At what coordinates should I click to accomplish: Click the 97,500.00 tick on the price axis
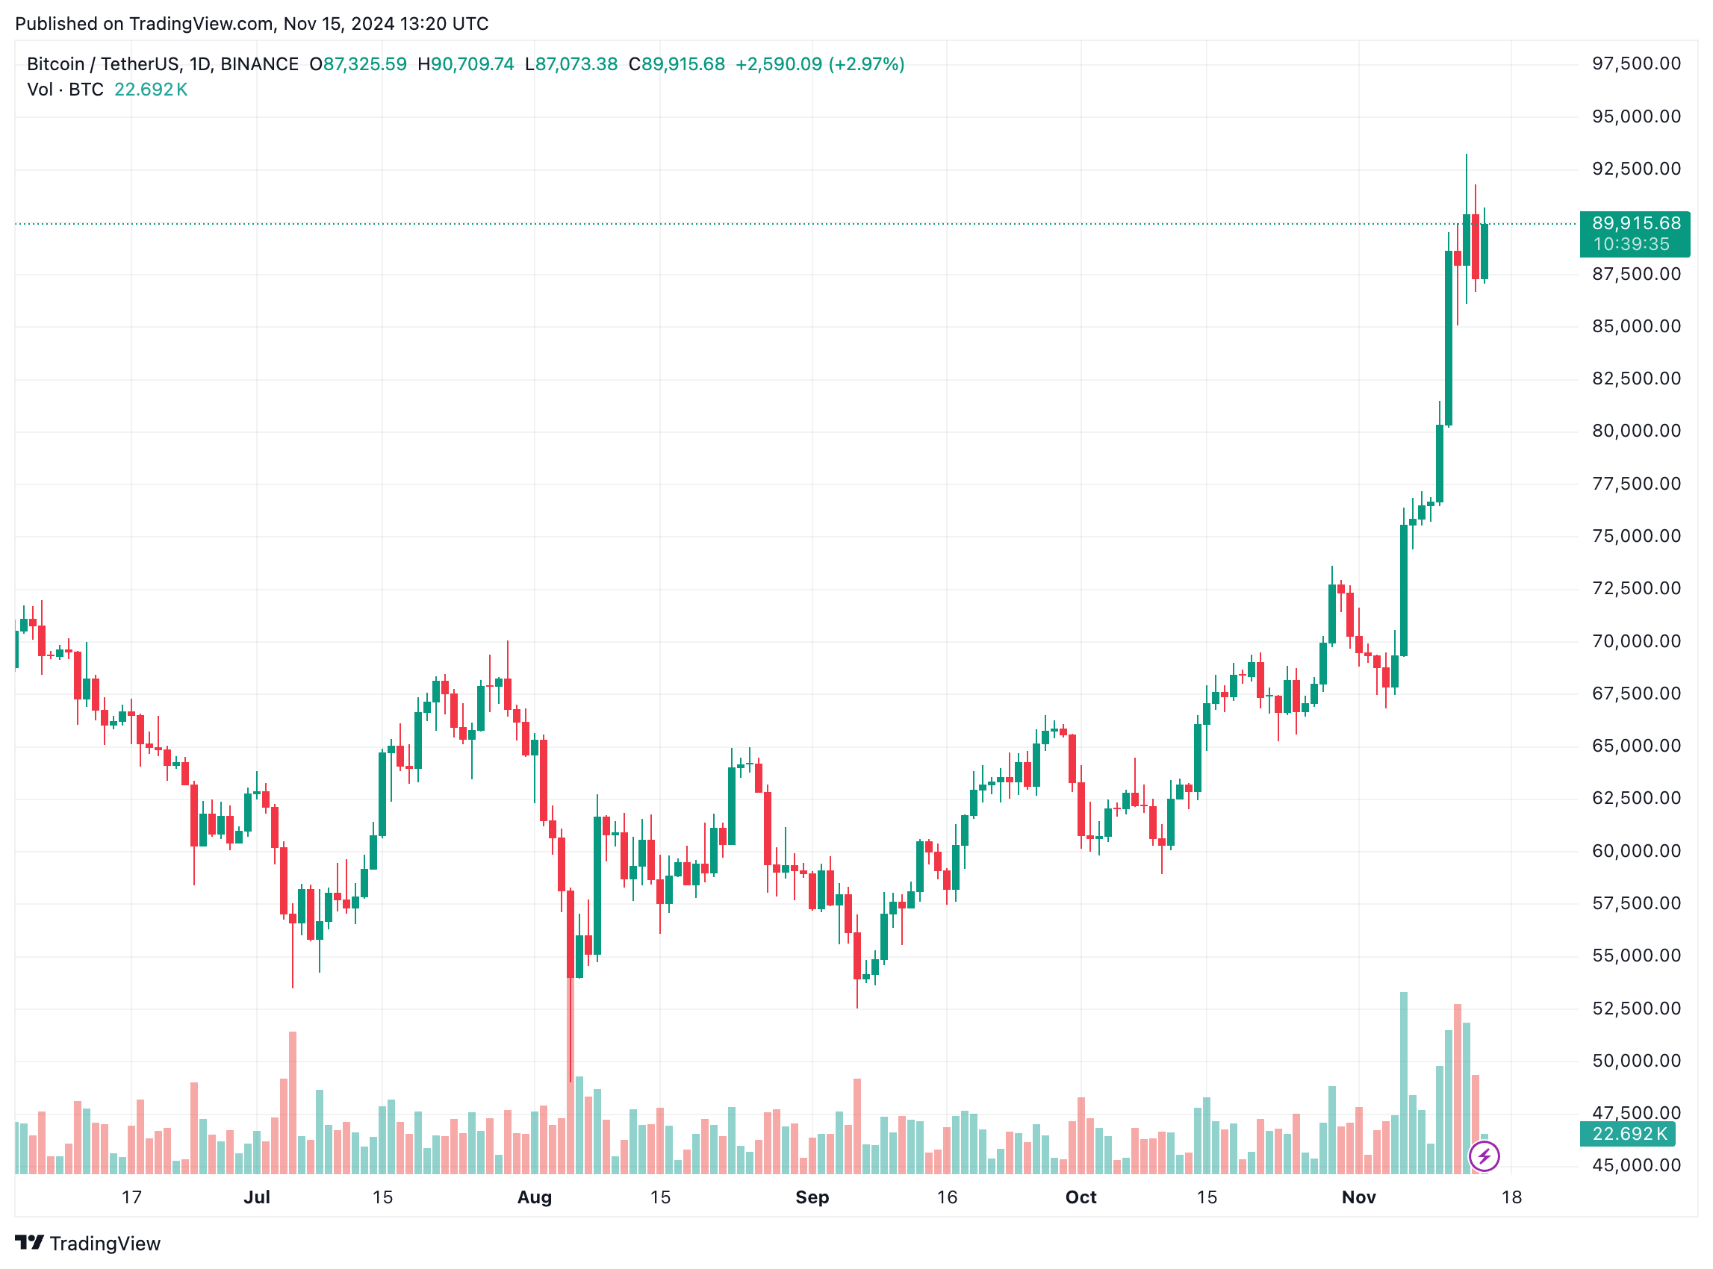click(1635, 63)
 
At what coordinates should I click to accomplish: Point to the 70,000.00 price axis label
click(1635, 641)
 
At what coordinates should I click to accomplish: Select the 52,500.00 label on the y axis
click(1635, 1008)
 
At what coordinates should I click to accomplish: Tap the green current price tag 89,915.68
click(1635, 223)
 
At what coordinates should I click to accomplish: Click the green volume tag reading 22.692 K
click(1628, 1134)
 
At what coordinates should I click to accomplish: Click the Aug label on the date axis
click(534, 1197)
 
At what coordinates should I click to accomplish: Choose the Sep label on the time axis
click(812, 1197)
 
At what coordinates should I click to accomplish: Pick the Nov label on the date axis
click(1358, 1197)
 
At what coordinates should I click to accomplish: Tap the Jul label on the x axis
click(257, 1197)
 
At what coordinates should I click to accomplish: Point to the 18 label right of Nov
click(1511, 1197)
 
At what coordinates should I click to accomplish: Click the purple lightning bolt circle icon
click(1483, 1156)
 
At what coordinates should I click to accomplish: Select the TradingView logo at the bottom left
click(87, 1244)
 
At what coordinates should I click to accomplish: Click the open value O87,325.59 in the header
click(358, 64)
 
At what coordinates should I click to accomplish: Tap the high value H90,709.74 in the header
click(466, 64)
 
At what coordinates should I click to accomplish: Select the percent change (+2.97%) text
click(866, 64)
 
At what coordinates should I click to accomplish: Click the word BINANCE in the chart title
click(260, 64)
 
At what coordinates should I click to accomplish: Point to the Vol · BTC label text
click(65, 90)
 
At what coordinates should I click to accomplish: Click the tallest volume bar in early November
click(1403, 1083)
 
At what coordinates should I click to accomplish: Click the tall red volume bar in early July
click(293, 1103)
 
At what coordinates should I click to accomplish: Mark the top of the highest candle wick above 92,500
click(1466, 155)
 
